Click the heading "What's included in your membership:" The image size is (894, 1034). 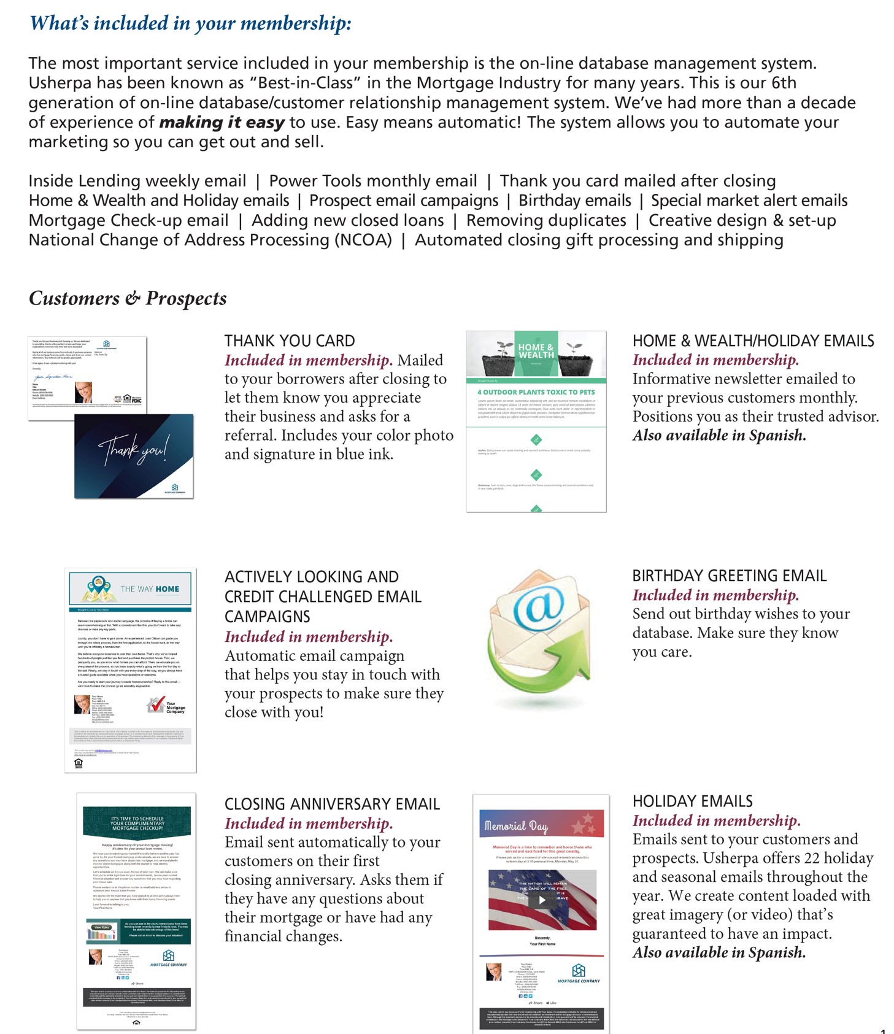(x=190, y=23)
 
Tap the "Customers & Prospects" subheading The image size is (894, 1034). (x=128, y=298)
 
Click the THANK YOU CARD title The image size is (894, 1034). (x=289, y=341)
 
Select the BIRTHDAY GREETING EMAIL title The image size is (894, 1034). (x=729, y=576)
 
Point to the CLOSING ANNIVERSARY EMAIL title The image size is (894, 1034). (x=332, y=804)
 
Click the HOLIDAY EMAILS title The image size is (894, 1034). (x=692, y=801)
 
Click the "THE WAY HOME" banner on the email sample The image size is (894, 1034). (x=150, y=589)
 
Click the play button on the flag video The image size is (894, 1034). (x=542, y=900)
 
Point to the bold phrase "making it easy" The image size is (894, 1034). (x=222, y=123)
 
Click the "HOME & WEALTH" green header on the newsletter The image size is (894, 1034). (x=536, y=352)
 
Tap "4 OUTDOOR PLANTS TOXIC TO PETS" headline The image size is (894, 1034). (x=536, y=392)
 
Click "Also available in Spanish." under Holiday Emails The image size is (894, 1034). (x=719, y=953)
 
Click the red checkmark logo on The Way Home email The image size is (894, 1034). (x=156, y=704)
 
